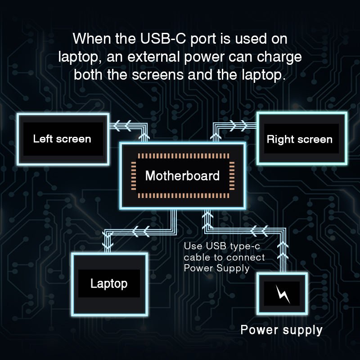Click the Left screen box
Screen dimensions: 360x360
coord(62,139)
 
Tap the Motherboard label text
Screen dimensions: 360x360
coord(182,175)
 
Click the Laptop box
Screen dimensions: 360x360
coord(109,283)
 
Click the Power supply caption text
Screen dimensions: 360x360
coord(281,330)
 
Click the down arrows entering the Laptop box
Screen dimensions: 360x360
coord(108,243)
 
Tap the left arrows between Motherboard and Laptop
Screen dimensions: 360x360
coord(140,232)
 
